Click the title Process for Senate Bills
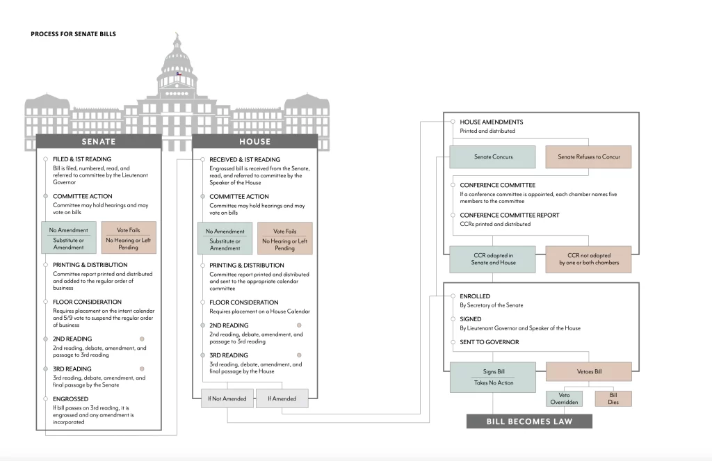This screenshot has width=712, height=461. point(73,34)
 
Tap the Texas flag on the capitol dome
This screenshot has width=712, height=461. point(179,74)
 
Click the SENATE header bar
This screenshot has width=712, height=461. point(99,141)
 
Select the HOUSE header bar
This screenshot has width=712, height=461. point(254,141)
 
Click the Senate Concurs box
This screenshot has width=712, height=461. point(493,156)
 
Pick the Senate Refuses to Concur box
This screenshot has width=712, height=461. point(588,156)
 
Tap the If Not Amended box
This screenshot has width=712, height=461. point(227,398)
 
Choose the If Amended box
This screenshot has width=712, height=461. point(282,398)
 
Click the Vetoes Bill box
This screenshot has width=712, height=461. point(589,371)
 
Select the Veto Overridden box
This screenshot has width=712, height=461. point(564,399)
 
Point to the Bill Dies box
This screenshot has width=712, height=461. point(613,399)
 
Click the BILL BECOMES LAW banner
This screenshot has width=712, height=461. point(529,421)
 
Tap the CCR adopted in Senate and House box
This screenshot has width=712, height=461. point(493,259)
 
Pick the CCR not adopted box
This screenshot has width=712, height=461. point(588,259)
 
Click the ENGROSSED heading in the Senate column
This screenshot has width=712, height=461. point(70,399)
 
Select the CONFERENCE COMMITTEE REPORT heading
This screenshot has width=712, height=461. point(510,216)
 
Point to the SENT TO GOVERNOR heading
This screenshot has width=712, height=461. point(489,342)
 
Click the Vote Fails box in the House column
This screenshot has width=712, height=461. point(284,238)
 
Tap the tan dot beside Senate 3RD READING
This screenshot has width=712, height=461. point(142,369)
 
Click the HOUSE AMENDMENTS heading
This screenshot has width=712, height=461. point(492,122)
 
